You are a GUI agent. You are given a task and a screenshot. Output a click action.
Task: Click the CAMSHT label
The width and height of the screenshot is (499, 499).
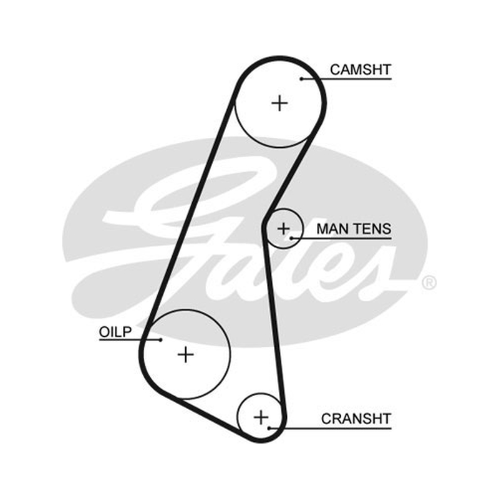[x=361, y=70]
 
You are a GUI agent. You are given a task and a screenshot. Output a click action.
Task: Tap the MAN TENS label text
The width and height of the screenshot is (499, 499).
[x=354, y=229]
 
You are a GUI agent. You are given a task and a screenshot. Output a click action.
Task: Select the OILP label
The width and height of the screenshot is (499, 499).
[x=115, y=332]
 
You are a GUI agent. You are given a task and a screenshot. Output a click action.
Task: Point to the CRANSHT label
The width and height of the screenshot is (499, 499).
[x=356, y=419]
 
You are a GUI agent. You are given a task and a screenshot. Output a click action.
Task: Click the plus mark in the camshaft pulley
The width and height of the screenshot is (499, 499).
[x=279, y=103]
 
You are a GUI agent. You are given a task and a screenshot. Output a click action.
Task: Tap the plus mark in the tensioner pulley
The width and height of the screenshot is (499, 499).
[x=284, y=229]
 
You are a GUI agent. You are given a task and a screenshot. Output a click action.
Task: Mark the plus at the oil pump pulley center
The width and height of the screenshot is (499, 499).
[x=186, y=354]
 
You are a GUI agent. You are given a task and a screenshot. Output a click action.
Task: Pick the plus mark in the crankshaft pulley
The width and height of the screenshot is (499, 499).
[x=261, y=417]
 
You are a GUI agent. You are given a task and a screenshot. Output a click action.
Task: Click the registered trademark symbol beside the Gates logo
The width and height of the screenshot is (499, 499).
[x=429, y=283]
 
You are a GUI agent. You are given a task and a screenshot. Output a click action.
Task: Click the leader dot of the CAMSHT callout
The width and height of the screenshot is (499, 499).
[x=301, y=79]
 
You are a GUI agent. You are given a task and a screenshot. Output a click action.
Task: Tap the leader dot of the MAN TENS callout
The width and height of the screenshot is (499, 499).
[x=291, y=238]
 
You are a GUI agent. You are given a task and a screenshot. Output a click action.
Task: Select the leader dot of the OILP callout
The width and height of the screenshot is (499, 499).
[x=161, y=340]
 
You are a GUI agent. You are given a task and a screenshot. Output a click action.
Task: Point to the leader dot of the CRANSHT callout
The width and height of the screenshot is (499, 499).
[x=269, y=429]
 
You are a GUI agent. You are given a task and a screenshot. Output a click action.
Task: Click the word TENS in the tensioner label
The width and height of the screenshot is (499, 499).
[x=372, y=229]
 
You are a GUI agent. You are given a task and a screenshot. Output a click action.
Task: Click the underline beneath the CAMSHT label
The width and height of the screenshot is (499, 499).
[x=346, y=79]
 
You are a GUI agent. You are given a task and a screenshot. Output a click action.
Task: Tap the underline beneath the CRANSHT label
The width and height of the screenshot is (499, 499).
[x=330, y=429]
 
